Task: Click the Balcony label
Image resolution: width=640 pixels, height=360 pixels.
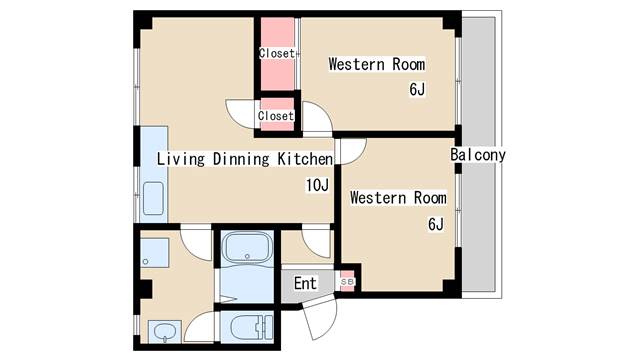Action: click(478, 155)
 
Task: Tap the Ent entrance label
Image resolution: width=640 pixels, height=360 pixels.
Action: click(305, 283)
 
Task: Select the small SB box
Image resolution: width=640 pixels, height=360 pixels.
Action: click(347, 281)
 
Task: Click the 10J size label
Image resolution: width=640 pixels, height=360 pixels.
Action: click(317, 185)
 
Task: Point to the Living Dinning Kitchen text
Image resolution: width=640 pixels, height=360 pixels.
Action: click(245, 159)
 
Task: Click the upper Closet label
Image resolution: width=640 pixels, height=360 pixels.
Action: click(277, 53)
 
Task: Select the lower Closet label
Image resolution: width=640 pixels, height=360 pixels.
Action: click(276, 116)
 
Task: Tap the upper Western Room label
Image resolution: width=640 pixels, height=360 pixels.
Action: click(376, 64)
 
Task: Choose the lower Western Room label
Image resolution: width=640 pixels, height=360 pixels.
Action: click(398, 198)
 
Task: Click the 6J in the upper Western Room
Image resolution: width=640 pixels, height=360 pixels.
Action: click(417, 89)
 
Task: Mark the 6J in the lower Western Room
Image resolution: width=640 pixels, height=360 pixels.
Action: click(436, 224)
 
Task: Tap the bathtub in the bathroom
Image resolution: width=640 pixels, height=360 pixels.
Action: click(248, 248)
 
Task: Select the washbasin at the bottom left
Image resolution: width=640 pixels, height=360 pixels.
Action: click(165, 331)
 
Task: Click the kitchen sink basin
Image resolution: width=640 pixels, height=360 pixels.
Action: click(153, 198)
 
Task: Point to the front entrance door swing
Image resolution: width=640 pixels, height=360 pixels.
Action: click(321, 318)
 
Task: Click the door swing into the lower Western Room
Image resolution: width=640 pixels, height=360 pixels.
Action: click(353, 151)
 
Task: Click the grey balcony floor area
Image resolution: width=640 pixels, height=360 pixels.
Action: click(478, 154)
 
